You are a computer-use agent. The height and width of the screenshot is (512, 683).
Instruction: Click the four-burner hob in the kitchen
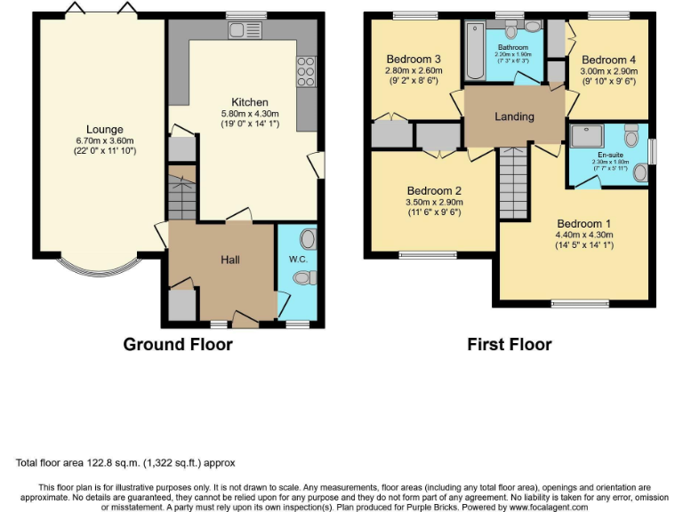[306, 71]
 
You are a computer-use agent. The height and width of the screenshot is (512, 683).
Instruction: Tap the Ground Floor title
[177, 344]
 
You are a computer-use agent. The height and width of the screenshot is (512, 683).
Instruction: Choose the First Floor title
[510, 344]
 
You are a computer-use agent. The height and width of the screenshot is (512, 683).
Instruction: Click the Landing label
[514, 116]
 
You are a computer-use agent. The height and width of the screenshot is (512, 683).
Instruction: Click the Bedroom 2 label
[434, 190]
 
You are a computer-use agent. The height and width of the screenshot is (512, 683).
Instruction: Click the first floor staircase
[513, 181]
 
